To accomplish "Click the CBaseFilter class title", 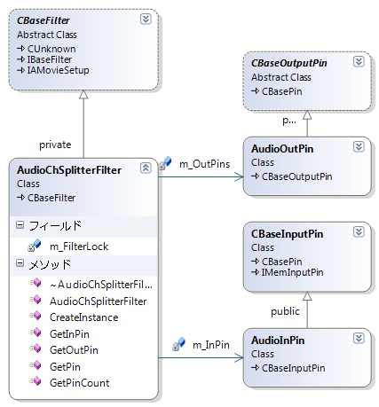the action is click(x=43, y=20).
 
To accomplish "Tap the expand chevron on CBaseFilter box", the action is click(x=146, y=20).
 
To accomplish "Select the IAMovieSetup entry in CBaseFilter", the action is click(x=58, y=70).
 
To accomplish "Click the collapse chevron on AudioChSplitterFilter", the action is click(x=146, y=168).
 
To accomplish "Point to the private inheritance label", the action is click(x=55, y=145).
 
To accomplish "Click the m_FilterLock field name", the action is click(x=79, y=247).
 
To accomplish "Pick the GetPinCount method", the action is click(x=80, y=383).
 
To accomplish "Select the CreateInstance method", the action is click(x=84, y=317).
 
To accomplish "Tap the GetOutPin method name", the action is click(x=74, y=350).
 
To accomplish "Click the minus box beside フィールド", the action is click(x=20, y=225).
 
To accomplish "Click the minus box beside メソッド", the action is click(x=20, y=263).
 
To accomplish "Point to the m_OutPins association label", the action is click(x=205, y=164).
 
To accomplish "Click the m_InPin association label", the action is click(x=211, y=345).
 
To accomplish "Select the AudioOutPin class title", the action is click(x=282, y=149).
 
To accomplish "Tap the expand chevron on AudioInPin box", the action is click(x=359, y=338).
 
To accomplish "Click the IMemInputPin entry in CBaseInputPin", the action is click(x=292, y=272).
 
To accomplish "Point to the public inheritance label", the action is click(x=285, y=311).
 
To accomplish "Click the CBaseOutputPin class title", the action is click(x=289, y=63).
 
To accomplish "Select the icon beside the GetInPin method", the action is click(x=36, y=333).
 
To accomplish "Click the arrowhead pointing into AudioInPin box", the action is click(x=239, y=357).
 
